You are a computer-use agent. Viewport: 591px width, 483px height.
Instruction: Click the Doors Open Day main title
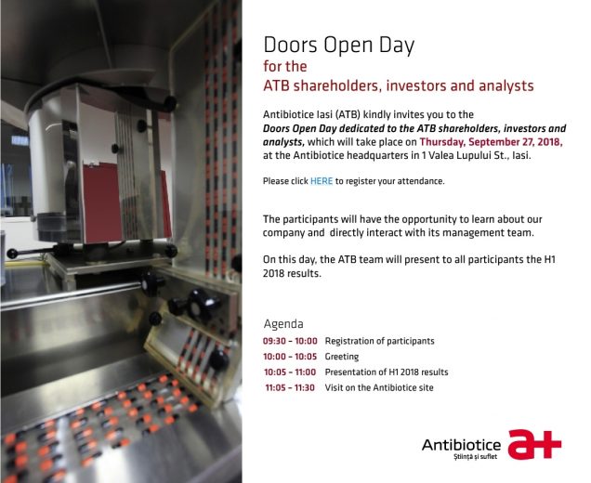(x=339, y=46)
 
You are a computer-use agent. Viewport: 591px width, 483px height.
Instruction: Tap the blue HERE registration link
(x=322, y=181)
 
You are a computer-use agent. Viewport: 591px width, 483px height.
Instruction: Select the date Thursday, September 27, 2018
(x=492, y=142)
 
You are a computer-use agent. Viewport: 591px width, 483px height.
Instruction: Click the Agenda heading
(x=283, y=324)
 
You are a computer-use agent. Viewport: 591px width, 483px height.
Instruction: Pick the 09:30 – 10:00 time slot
(x=290, y=341)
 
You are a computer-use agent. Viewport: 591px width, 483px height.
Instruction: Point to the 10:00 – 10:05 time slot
(x=290, y=357)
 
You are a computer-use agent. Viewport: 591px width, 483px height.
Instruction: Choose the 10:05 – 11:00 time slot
(x=290, y=372)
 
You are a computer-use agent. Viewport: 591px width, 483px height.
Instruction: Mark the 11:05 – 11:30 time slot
(x=290, y=387)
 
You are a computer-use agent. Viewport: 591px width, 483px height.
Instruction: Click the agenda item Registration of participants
(x=379, y=341)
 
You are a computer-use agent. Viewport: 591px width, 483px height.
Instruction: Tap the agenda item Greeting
(x=342, y=357)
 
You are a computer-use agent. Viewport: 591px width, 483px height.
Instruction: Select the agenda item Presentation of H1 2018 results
(x=387, y=372)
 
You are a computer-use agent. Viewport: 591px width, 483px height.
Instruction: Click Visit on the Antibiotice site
(x=379, y=387)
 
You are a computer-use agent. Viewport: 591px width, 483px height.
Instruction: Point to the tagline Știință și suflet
(x=476, y=457)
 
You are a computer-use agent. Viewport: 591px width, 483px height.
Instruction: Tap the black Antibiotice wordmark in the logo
(x=461, y=445)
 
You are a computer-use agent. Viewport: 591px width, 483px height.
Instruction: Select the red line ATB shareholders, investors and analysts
(x=399, y=85)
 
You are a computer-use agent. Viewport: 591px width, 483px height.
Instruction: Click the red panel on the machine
(x=102, y=202)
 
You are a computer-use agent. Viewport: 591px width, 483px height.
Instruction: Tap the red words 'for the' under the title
(x=285, y=67)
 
